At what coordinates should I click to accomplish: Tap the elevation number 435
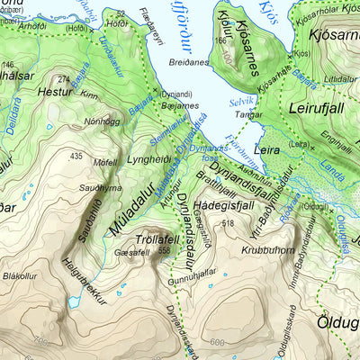click(76, 157)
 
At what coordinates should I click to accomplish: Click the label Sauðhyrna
click(101, 187)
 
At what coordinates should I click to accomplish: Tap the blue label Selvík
click(242, 103)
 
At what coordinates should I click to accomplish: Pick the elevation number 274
click(62, 80)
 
